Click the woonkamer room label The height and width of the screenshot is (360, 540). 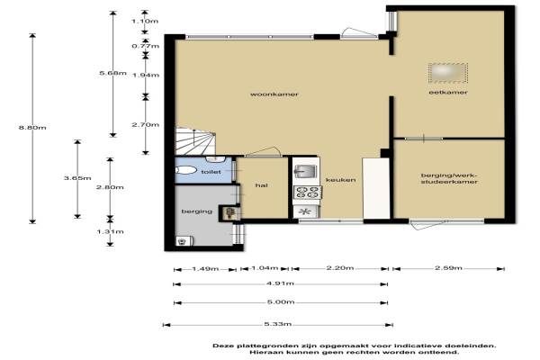click(x=274, y=94)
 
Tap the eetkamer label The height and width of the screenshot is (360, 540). click(x=448, y=93)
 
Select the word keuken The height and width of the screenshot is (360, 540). click(x=340, y=180)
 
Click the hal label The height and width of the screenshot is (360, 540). click(x=261, y=185)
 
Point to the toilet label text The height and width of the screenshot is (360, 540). click(x=211, y=172)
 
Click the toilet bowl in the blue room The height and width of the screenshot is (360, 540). click(x=185, y=170)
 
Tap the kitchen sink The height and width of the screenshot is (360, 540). click(x=305, y=171)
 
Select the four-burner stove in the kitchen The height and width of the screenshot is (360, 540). click(x=307, y=193)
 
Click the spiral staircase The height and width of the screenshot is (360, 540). click(x=195, y=141)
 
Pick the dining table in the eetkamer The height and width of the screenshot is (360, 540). click(x=448, y=73)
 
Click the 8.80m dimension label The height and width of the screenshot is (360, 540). click(x=32, y=128)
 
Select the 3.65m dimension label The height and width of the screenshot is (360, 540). click(x=77, y=178)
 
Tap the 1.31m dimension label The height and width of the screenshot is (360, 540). click(x=110, y=231)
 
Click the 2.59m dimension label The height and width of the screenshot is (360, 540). click(x=448, y=267)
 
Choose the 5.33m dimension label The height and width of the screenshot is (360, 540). click(x=278, y=324)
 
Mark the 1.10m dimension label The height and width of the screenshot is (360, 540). click(x=145, y=21)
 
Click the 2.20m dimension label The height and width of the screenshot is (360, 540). click(x=340, y=267)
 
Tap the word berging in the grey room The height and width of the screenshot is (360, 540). click(x=197, y=211)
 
